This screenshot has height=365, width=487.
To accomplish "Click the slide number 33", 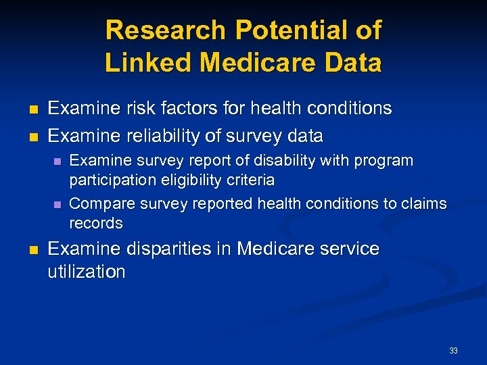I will (x=453, y=350).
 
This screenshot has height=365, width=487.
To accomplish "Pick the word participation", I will (x=112, y=180).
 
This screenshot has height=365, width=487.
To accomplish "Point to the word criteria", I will (x=251, y=180).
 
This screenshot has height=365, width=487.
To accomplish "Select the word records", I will (x=96, y=223).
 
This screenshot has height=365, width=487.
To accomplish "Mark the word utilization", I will (x=87, y=272).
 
